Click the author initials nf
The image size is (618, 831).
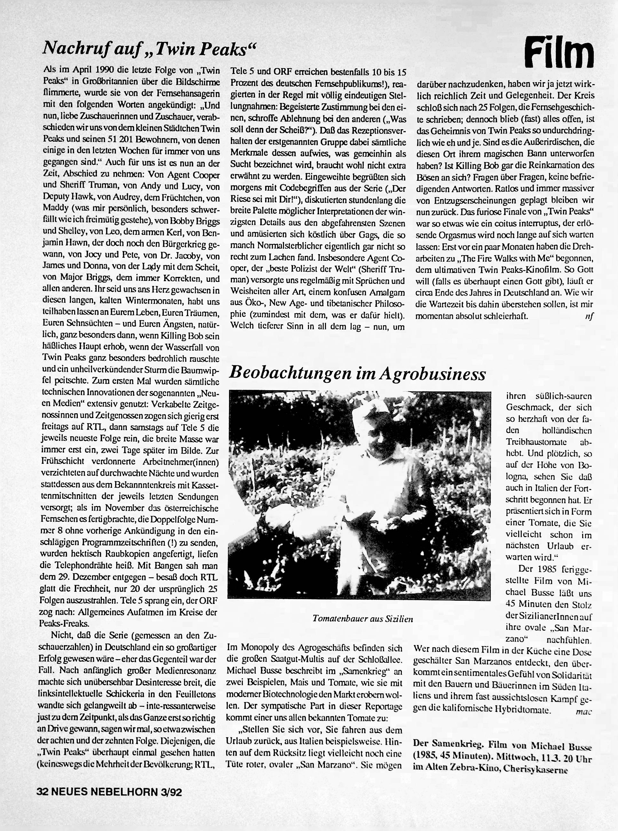(589, 316)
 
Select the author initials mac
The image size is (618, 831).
(583, 712)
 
